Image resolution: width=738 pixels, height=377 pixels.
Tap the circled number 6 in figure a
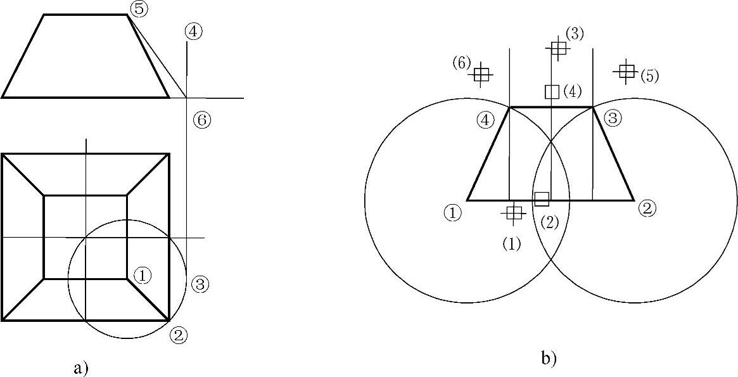click(x=201, y=120)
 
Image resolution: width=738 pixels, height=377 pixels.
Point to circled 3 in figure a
click(x=199, y=284)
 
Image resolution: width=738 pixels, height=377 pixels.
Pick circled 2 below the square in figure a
click(x=179, y=335)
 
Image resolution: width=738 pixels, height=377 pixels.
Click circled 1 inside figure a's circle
click(x=143, y=275)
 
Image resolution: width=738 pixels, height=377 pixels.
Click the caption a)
click(x=80, y=368)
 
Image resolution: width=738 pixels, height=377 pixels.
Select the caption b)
click(x=549, y=359)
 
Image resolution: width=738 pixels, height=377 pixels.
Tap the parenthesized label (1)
click(x=511, y=243)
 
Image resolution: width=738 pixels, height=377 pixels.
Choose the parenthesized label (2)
click(x=549, y=222)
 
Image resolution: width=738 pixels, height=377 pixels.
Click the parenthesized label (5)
click(x=649, y=76)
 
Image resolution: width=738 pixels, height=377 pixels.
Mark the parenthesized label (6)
click(x=461, y=63)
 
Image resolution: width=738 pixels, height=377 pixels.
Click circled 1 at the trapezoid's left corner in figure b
click(x=452, y=212)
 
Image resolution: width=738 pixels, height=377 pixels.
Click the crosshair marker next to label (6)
click(x=482, y=75)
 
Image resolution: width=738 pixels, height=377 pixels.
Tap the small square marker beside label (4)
click(x=552, y=92)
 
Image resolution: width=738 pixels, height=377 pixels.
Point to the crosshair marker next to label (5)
click(x=627, y=71)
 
